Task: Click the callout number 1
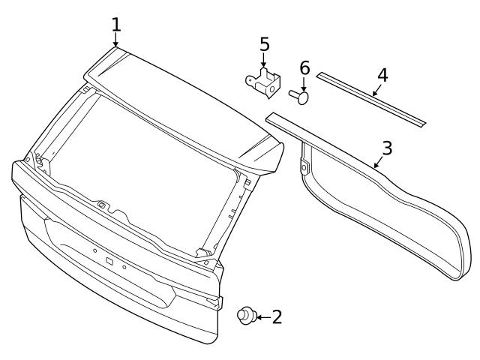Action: [116, 24]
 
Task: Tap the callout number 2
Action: [277, 317]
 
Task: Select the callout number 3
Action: [386, 147]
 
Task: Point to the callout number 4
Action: [382, 75]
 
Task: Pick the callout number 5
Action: [264, 44]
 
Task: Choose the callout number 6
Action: [304, 68]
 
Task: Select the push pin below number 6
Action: [299, 96]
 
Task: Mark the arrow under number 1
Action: [116, 40]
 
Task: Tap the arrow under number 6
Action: [304, 84]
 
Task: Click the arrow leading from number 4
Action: [374, 90]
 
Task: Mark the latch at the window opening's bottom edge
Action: [100, 204]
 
